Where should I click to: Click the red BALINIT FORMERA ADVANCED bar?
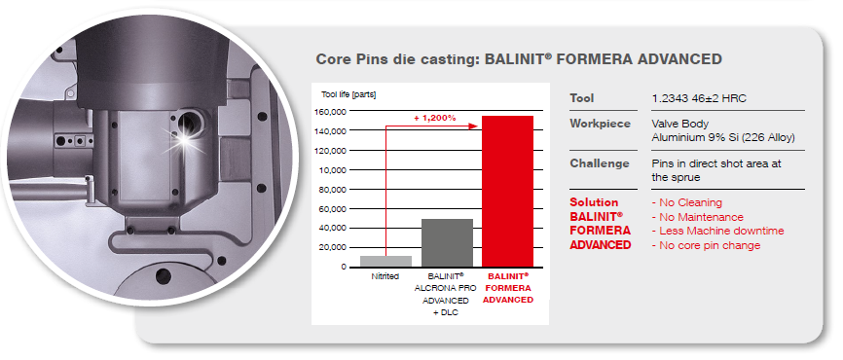coord(507,192)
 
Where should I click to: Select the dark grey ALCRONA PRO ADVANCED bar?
coord(447,243)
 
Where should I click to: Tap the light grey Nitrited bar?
coord(386,261)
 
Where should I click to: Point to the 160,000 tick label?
coord(330,111)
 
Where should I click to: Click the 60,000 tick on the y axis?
coord(332,208)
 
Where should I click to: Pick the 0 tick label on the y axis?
coord(342,267)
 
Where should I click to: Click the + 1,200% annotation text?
coord(434,118)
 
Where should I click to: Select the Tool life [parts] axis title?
coord(348,94)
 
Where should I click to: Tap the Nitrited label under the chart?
coord(385,276)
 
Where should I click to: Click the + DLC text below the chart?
coord(446,312)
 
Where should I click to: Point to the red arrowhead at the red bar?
coord(474,126)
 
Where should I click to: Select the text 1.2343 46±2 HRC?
coord(699,98)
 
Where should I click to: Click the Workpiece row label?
coord(600,124)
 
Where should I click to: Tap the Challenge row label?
coord(600,162)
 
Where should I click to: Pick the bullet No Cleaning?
coord(686,202)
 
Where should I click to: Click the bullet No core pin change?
coord(706,245)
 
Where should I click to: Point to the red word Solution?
coord(594,202)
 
